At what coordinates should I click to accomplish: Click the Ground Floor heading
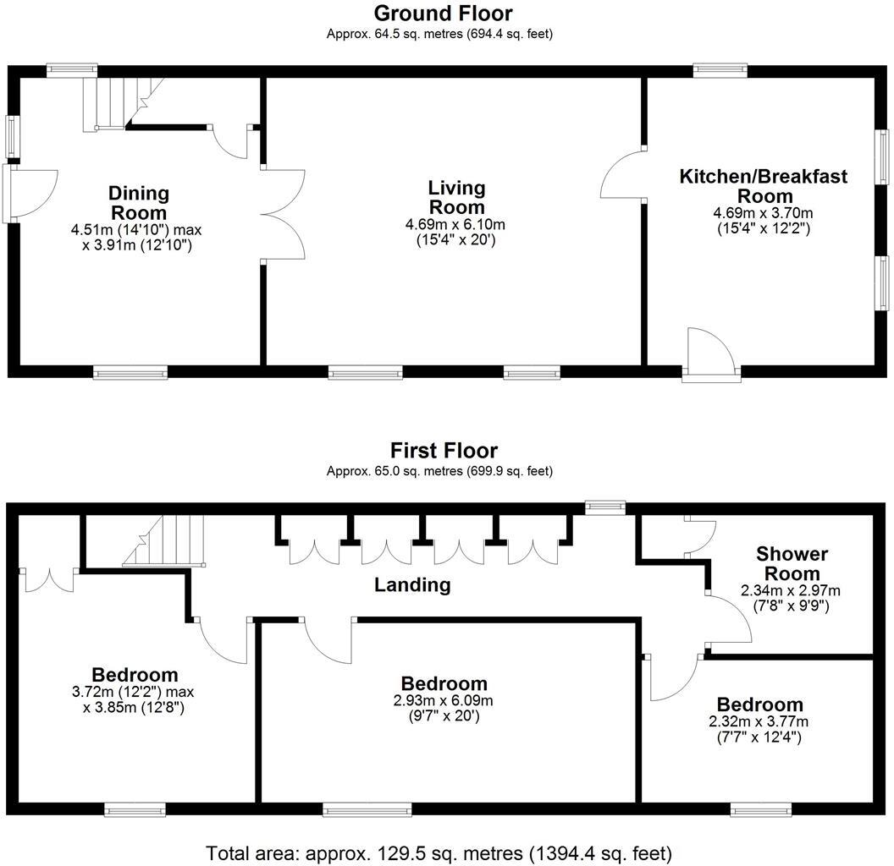click(x=443, y=14)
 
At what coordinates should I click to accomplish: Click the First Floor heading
click(x=444, y=451)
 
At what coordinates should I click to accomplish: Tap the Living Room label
click(x=456, y=197)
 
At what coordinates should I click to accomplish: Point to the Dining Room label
click(x=139, y=203)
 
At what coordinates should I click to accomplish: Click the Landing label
click(x=412, y=584)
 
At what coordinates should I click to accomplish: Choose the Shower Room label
click(x=792, y=564)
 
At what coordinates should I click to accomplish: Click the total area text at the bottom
click(x=439, y=852)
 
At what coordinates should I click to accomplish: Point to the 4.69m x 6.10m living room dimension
click(x=455, y=224)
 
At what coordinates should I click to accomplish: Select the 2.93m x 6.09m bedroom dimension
click(x=444, y=701)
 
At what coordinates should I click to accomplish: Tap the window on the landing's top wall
click(x=605, y=507)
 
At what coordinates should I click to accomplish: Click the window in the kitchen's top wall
click(x=720, y=70)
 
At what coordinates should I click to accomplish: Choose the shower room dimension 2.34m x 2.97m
click(x=792, y=590)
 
